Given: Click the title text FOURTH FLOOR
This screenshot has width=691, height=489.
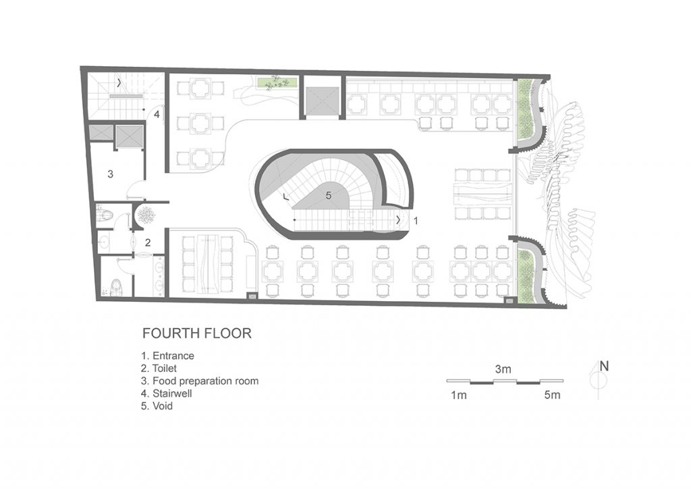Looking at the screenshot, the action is click(197, 334).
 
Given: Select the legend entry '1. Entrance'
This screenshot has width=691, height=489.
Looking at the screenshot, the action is click(167, 356).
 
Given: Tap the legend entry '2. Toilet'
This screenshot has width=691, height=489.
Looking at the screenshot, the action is click(159, 368).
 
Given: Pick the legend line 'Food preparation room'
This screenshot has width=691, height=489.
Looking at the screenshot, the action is click(205, 382).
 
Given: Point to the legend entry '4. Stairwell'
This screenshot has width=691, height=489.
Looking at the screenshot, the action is click(166, 393).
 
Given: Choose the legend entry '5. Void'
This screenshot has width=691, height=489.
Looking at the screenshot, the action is click(157, 406).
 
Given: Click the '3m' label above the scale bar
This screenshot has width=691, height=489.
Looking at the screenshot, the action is click(503, 369).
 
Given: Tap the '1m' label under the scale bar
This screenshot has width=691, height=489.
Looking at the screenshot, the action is click(458, 395).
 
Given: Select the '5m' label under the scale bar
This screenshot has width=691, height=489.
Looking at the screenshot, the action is click(552, 395).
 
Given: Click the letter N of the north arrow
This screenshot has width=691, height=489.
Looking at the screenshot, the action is click(604, 367).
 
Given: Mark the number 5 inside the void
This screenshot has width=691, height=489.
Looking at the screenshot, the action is click(329, 195).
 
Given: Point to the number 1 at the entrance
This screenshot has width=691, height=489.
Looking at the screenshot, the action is click(415, 220).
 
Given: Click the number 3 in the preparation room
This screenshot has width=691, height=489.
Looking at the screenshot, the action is click(111, 174).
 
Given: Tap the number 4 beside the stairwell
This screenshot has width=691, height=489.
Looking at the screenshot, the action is click(157, 115).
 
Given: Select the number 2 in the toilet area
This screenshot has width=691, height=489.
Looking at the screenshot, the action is click(148, 242).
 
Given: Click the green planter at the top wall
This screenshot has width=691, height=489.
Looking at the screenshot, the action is click(276, 82).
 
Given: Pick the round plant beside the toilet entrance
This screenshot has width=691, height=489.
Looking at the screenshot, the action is click(146, 215).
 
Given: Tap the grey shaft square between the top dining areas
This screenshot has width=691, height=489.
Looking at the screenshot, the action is click(323, 101).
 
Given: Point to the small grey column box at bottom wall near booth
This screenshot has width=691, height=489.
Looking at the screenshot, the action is click(252, 297).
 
